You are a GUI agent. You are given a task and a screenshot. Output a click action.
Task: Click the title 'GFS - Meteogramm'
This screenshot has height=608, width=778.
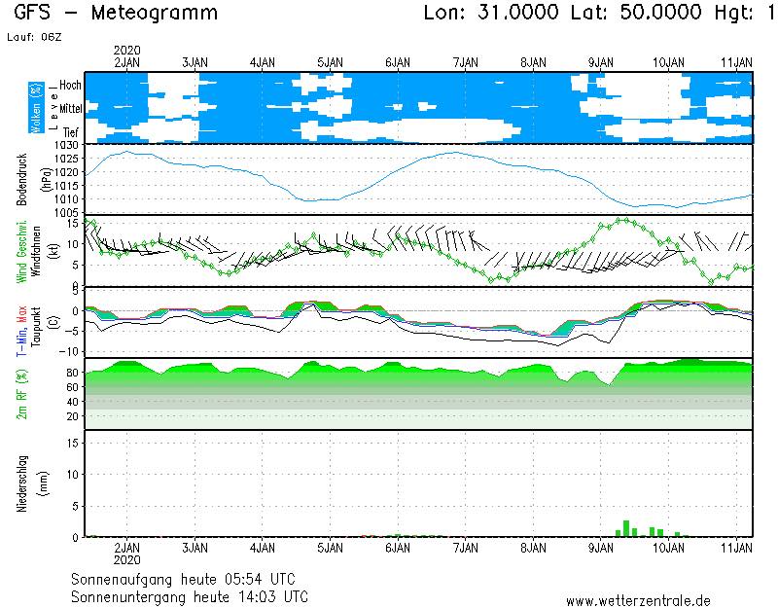pos(116,14)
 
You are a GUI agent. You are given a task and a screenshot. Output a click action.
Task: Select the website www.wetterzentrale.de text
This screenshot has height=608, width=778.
pos(638,601)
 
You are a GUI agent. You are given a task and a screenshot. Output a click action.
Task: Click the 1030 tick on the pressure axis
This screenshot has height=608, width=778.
pos(66,145)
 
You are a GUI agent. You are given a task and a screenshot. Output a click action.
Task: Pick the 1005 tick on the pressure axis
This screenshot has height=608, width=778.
pos(66,212)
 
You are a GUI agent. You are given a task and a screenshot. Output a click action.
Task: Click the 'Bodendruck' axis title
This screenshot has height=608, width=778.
pos(20,177)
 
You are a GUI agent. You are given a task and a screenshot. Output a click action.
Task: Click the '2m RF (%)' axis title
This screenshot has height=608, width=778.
pos(20,394)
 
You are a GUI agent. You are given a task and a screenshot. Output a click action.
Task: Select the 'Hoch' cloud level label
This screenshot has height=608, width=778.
pos(70,86)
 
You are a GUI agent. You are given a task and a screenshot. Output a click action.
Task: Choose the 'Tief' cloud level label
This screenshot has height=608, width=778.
pos(71,130)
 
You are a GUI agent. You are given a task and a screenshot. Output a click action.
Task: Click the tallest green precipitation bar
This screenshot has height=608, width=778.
pos(626,528)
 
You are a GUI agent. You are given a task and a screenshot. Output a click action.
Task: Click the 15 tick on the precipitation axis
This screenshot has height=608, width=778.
pos(73,442)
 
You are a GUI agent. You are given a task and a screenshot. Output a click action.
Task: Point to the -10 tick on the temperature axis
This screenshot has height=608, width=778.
pos(70,351)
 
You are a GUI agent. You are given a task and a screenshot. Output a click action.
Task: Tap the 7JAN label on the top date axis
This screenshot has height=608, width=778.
pos(466,61)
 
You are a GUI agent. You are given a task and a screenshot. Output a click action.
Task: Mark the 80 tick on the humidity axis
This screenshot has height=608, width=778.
pos(72,372)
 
